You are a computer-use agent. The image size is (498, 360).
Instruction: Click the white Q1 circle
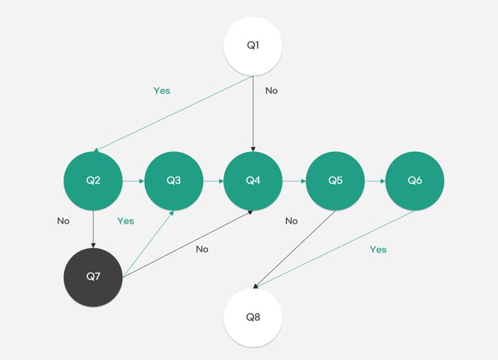pos(253,46)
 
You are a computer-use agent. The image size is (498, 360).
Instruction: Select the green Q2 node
pos(93,181)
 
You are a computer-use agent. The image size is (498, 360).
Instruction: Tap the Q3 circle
pos(174,181)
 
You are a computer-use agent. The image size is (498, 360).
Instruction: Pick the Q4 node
pos(253,181)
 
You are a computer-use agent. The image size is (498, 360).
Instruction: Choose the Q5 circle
pos(335,181)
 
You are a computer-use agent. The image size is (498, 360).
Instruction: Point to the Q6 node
pos(415,181)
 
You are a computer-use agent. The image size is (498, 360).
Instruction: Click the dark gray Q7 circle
pos(93,277)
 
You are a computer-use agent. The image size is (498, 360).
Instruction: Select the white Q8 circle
pos(253,318)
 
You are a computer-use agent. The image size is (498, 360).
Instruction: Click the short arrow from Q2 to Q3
pos(134,181)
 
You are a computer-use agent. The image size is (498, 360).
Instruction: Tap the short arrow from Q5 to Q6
pos(375,181)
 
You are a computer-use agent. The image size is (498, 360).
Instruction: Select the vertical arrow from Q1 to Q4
pos(253,114)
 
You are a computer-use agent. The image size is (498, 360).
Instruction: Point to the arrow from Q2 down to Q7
pos(93,229)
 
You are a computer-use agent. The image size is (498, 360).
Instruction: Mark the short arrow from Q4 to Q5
pos(294,181)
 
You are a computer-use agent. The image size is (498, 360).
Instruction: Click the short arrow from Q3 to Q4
pos(214,181)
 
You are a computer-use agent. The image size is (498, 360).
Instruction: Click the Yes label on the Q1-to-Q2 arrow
pos(162,91)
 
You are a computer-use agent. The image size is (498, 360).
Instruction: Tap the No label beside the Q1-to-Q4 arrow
pos(272,91)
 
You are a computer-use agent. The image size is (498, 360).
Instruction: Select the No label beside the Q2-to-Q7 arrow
pos(63,221)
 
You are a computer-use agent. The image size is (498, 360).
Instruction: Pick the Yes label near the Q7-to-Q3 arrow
pos(126,221)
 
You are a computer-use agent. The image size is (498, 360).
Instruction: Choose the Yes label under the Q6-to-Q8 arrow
pos(378,250)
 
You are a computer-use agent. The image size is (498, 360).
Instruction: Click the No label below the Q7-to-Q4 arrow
pos(202,250)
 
